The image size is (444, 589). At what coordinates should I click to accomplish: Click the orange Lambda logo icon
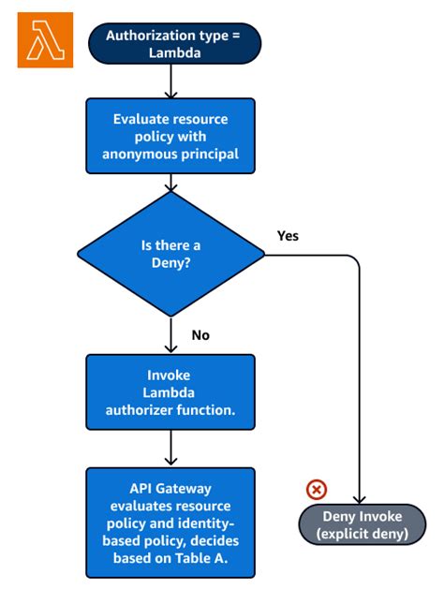[45, 39]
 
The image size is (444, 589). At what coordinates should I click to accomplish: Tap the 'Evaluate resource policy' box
[170, 135]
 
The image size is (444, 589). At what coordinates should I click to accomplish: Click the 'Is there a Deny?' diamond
[170, 254]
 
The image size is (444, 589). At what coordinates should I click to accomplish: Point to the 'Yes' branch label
[288, 235]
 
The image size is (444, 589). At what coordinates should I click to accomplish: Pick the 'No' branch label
[199, 333]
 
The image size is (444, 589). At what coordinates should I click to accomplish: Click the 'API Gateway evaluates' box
[170, 522]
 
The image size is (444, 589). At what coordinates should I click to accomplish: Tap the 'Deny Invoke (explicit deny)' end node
[361, 524]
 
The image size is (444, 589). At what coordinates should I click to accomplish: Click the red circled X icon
[317, 490]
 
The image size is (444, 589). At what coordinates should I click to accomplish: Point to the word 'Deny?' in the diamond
[170, 263]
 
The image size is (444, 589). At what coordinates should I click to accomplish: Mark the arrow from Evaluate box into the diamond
[170, 183]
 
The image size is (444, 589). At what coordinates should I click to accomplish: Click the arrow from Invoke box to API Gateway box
[170, 451]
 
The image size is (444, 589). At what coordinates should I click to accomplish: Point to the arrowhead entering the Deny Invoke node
[360, 500]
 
